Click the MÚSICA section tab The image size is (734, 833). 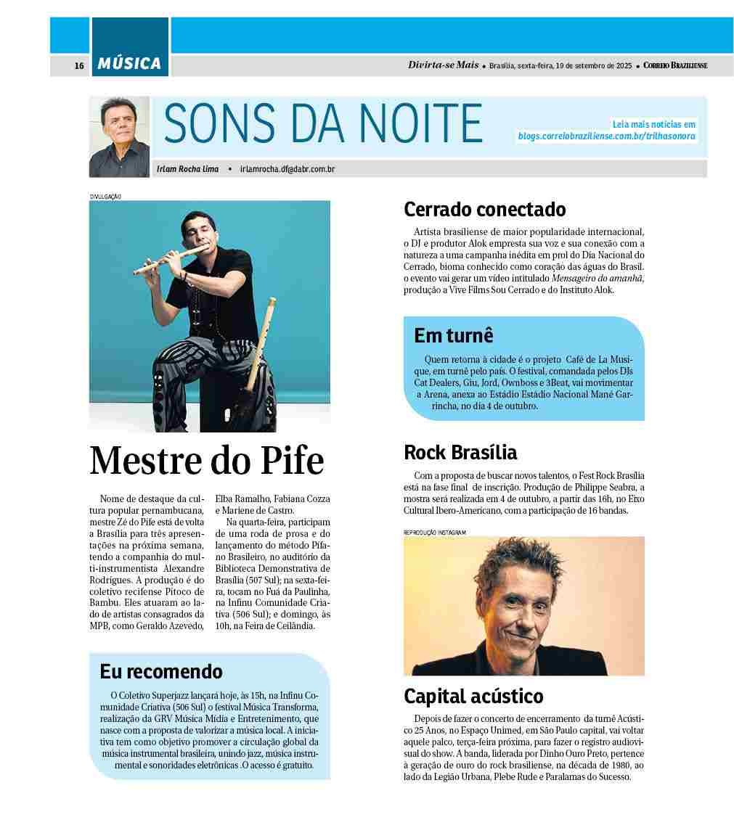(130, 64)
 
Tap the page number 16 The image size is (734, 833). (79, 66)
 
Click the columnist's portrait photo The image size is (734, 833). (119, 136)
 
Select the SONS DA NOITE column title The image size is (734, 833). (323, 123)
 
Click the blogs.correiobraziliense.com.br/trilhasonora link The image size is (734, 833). (606, 136)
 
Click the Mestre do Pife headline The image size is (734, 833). (207, 460)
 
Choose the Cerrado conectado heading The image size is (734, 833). (484, 210)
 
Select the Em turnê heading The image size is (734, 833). (454, 335)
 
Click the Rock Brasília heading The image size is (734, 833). (460, 453)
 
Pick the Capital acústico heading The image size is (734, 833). (473, 697)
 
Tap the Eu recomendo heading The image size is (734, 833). (161, 671)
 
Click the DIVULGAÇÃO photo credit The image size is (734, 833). (105, 197)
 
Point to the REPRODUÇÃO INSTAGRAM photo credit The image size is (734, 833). (434, 533)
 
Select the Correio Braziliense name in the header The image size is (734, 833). (675, 66)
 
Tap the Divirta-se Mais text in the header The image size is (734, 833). (443, 65)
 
